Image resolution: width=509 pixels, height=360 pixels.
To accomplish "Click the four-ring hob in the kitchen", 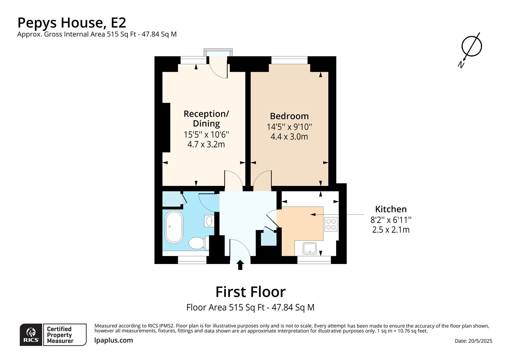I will click(331, 224).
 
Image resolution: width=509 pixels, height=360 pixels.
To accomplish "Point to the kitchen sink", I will click(310, 248).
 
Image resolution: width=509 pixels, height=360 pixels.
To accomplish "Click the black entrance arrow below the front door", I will click(240, 265).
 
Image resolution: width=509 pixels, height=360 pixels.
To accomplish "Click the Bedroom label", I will click(289, 116).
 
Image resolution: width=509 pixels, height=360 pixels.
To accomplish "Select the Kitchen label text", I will click(391, 209).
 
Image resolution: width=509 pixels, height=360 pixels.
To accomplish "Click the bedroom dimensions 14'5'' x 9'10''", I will click(289, 127).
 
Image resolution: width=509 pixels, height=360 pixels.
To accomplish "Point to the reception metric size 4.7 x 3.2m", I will click(206, 144).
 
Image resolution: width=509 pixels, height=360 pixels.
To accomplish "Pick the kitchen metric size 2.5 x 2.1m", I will click(391, 230).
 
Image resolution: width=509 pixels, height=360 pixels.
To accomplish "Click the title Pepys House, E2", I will click(72, 23).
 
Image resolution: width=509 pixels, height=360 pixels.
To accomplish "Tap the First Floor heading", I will click(251, 292).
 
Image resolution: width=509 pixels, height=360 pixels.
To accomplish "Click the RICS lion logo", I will click(31, 334).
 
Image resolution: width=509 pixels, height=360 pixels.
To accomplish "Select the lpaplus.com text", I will click(114, 340).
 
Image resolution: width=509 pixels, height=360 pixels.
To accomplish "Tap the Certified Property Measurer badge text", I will click(60, 335).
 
